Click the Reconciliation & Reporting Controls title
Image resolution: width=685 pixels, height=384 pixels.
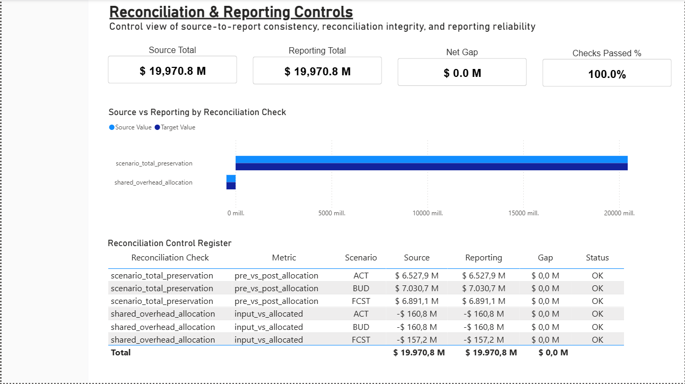point(231,12)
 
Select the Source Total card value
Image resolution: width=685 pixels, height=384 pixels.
point(172,71)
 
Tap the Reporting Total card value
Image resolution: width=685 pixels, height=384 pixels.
point(317,72)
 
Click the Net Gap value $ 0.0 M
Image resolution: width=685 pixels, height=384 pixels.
point(462,73)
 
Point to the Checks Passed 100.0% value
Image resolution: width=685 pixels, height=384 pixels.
point(606,74)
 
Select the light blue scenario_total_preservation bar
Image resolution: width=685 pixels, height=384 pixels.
point(431,160)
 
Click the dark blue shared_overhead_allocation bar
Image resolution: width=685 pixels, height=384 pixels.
point(231,186)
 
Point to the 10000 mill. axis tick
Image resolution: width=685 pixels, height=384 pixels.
point(427,213)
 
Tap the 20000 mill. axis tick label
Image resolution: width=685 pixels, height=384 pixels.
point(619,213)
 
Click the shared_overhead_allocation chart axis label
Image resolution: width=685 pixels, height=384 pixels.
point(153,182)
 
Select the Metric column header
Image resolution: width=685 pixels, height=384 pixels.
point(284,258)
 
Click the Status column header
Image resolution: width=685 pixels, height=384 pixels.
point(597,258)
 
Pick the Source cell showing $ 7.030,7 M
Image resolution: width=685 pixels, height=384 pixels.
point(417,289)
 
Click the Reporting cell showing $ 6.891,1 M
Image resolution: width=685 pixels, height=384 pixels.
point(483,301)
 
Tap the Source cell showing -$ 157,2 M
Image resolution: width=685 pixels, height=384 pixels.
point(417,339)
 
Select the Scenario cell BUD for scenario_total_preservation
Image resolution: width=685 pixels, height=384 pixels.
point(361,289)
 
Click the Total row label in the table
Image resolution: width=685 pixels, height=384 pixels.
point(120,352)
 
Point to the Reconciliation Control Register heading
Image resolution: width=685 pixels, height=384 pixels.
point(170,243)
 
